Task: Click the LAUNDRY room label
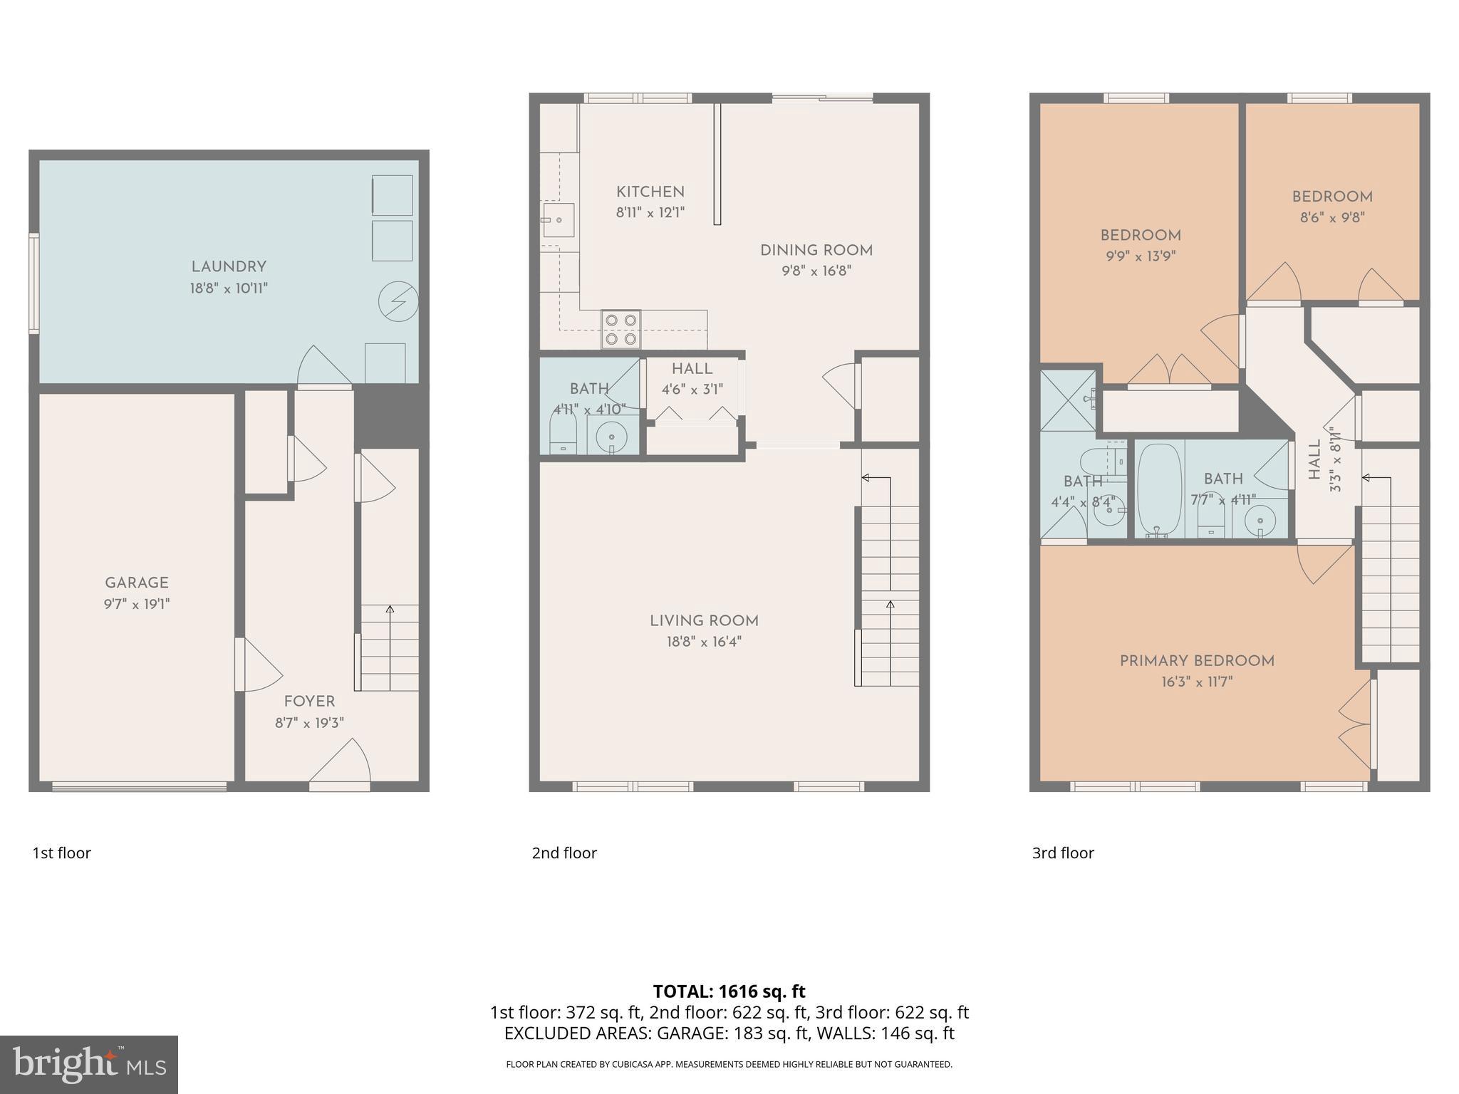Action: pos(229,266)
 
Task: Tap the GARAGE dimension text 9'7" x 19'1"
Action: pos(137,605)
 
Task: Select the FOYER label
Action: pos(309,701)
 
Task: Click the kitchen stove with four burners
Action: pos(621,330)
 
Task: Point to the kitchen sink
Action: pos(558,219)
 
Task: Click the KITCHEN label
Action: pos(650,192)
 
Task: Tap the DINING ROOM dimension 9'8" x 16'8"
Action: pos(816,271)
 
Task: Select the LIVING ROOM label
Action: pos(704,620)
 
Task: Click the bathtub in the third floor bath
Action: pos(1157,489)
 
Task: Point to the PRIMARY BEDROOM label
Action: pos(1197,660)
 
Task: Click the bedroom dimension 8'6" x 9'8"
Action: pos(1331,218)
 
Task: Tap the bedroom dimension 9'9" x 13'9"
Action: pos(1140,256)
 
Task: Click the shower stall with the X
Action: pos(1068,400)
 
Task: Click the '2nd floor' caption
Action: pos(564,853)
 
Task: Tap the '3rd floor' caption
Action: pos(1063,853)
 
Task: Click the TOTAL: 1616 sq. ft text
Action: pos(729,991)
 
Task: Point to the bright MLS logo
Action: pos(89,1064)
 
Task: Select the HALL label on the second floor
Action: pos(692,369)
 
